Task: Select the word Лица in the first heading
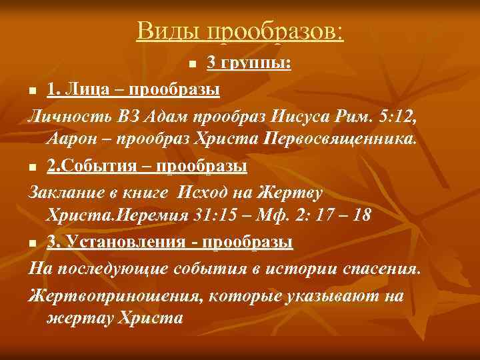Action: [87, 89]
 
